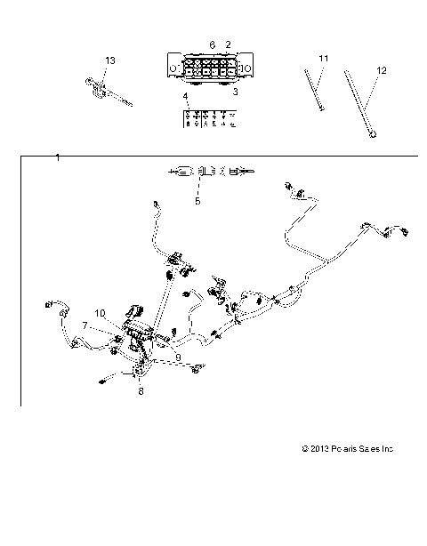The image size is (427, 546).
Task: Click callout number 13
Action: click(x=110, y=60)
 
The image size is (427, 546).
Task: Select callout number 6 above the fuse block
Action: click(x=212, y=44)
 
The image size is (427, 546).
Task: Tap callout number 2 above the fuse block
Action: click(x=228, y=44)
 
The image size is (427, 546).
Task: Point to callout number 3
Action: click(x=235, y=91)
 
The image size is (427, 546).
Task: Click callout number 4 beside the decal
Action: click(x=185, y=96)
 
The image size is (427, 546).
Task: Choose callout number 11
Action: click(x=324, y=58)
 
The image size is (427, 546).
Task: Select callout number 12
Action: click(x=382, y=69)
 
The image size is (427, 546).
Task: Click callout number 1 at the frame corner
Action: click(x=57, y=157)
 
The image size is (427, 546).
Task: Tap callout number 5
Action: click(x=197, y=201)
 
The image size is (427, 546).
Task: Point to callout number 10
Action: click(x=100, y=313)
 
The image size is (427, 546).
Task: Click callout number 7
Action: click(x=85, y=325)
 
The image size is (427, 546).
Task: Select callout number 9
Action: click(x=178, y=357)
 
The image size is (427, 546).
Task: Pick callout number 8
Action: click(x=139, y=389)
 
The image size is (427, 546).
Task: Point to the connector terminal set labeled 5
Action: click(x=210, y=172)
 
